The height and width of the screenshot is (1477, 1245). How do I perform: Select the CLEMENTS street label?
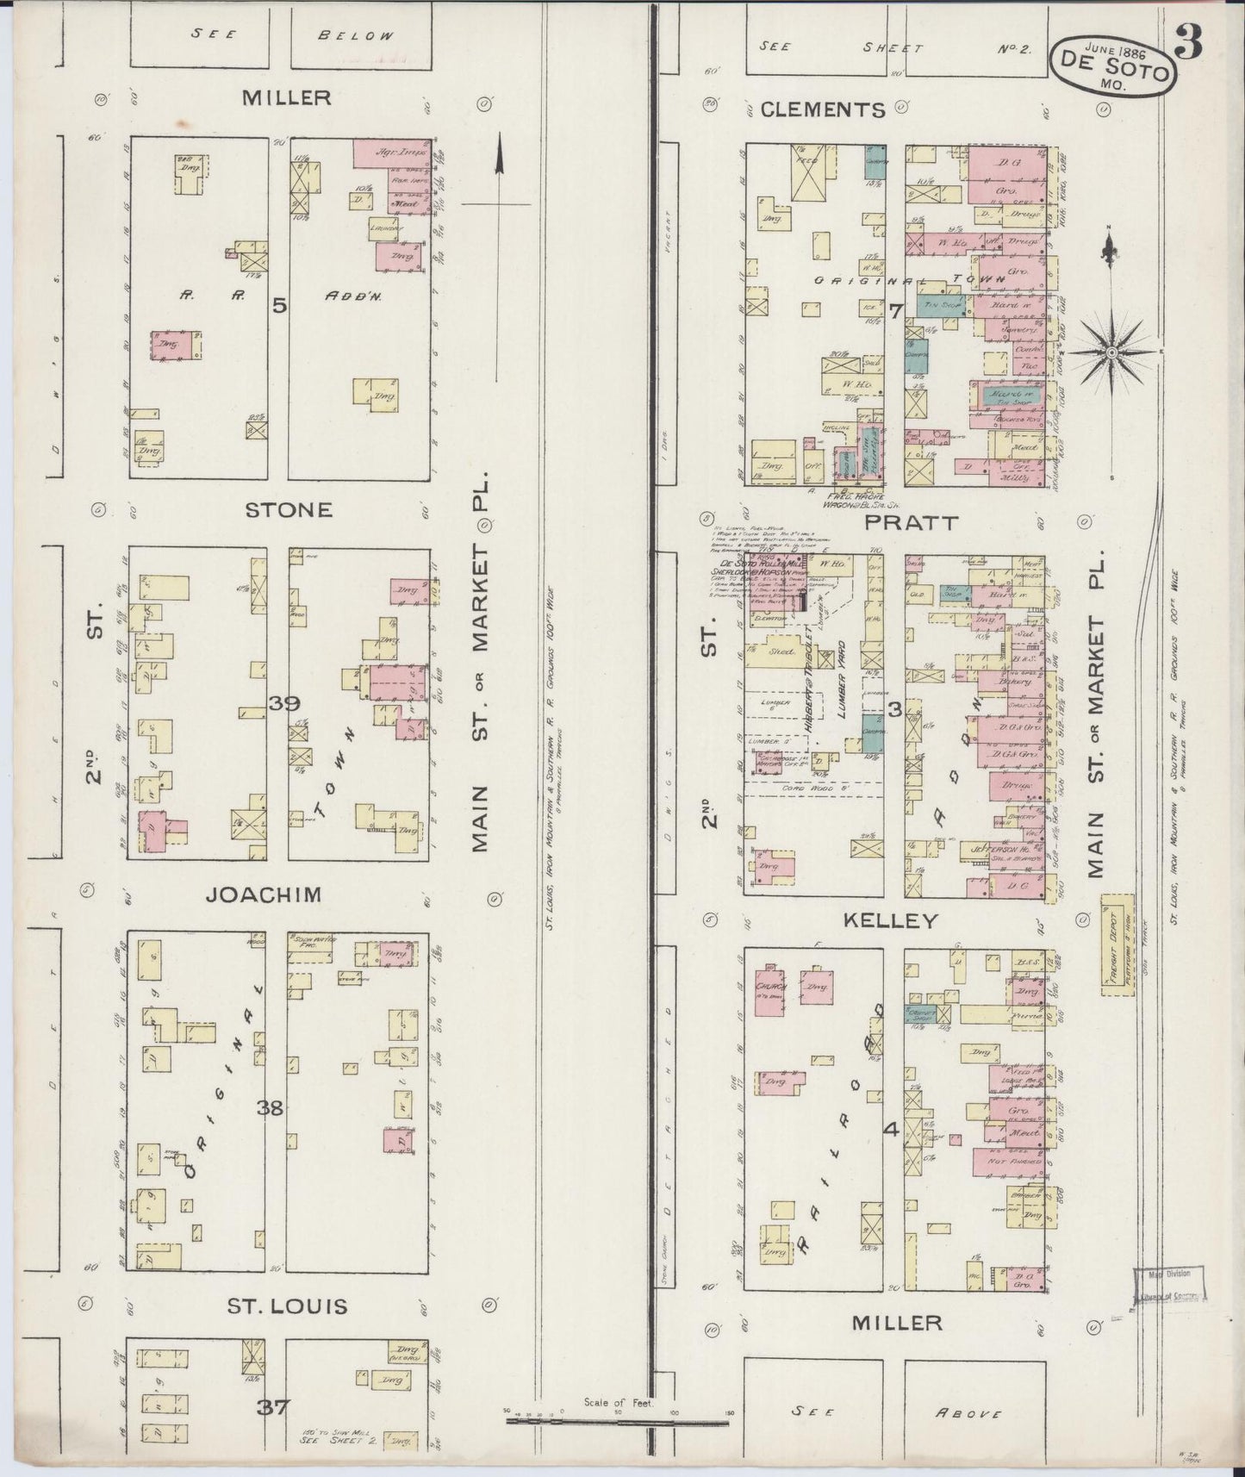[x=823, y=109]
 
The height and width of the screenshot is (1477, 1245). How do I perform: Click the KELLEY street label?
[x=890, y=921]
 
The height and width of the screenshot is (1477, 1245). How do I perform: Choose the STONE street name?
[x=289, y=509]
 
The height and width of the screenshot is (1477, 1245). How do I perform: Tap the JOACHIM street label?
[x=264, y=894]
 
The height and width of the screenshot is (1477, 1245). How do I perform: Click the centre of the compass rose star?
[x=1111, y=352]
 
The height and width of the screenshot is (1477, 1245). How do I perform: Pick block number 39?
[x=283, y=703]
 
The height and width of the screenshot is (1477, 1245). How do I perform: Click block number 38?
[x=271, y=1108]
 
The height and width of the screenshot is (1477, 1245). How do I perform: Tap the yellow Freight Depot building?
[x=1117, y=945]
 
